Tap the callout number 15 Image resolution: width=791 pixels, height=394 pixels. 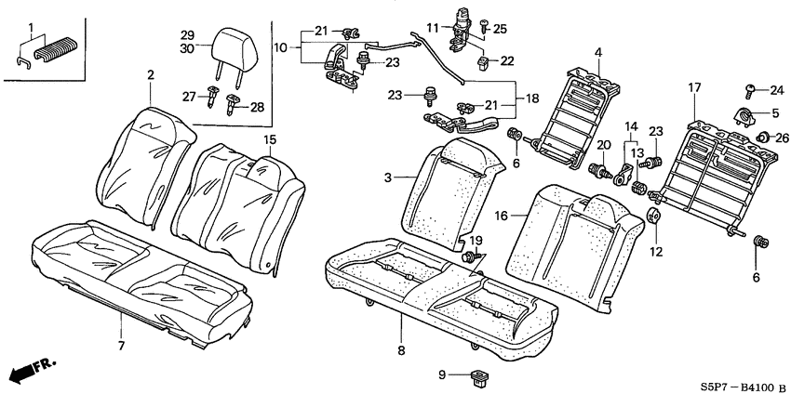270,140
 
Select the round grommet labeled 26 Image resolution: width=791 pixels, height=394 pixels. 762,138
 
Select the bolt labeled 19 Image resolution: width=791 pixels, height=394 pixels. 472,254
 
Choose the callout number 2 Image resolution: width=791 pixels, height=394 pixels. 149,89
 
